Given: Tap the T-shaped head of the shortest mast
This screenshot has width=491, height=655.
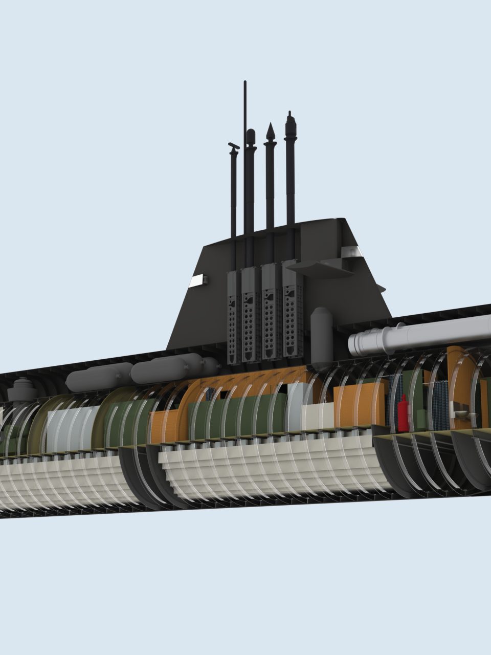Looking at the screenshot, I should [234, 147].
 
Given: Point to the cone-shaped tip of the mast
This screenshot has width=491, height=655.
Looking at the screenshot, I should [270, 132].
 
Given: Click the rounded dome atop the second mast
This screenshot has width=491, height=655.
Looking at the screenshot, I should [251, 136].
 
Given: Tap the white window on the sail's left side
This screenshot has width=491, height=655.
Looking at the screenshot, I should [196, 279].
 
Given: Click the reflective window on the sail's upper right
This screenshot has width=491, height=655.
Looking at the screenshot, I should [352, 251].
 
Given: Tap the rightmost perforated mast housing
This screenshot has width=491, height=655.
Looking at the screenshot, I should [293, 312].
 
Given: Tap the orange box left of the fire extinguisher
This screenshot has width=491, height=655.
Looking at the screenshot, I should [358, 404].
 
